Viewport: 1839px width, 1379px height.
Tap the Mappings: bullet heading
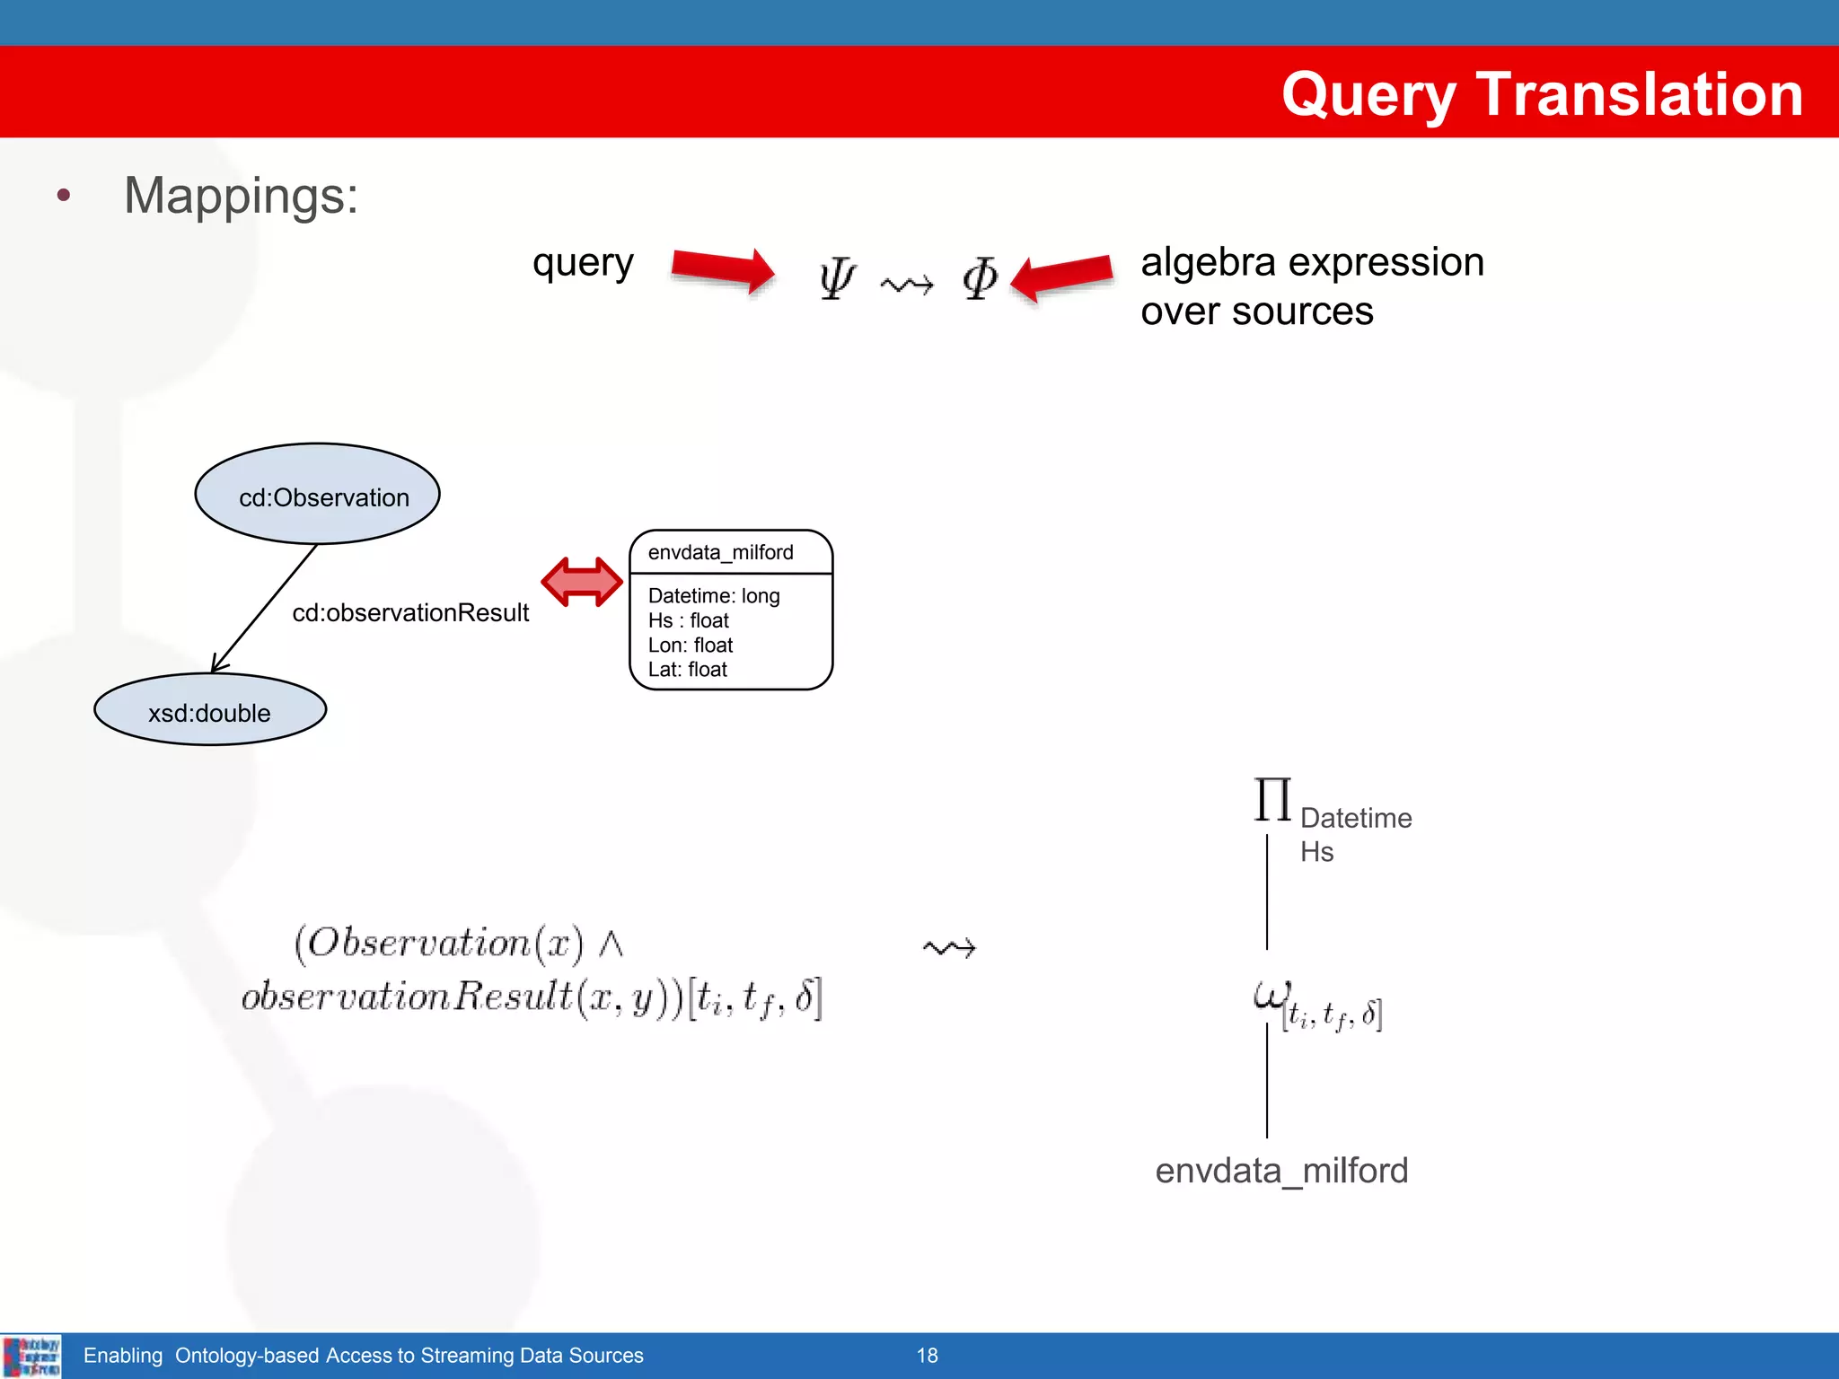241,196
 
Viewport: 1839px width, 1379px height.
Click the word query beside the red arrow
583,263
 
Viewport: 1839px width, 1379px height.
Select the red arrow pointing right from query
723,269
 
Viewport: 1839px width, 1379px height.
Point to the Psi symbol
837,278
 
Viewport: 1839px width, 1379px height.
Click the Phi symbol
980,278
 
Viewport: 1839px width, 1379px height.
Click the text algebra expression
1312,262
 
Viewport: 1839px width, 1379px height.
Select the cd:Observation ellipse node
318,494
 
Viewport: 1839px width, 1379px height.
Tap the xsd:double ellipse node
210,710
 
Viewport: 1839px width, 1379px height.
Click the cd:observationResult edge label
410,613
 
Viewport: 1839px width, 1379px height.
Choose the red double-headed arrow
582,582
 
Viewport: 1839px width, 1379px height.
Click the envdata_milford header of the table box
721,552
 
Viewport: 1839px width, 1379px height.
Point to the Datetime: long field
714,596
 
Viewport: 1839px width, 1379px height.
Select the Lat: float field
688,670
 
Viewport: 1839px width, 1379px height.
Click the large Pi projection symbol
1272,800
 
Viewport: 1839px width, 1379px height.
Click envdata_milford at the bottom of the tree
1281,1171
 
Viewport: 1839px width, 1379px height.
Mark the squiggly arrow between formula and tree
949,948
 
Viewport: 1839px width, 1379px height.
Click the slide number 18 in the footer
927,1356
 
